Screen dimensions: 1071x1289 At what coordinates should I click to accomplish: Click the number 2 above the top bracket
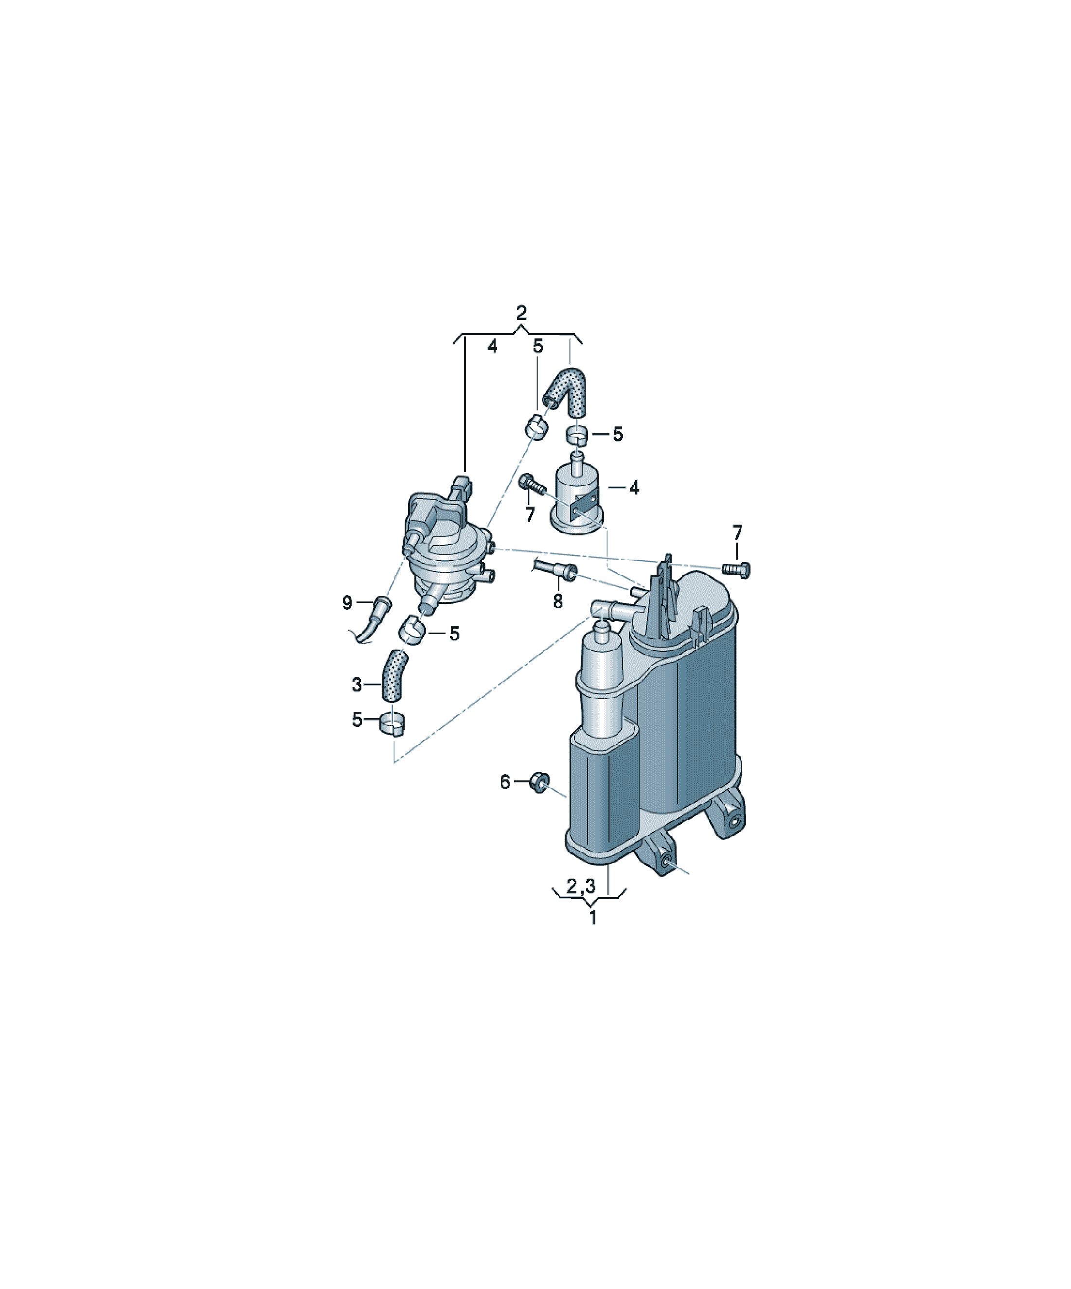pyautogui.click(x=521, y=313)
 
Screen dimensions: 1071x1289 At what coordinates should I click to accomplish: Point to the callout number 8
pyautogui.click(x=557, y=601)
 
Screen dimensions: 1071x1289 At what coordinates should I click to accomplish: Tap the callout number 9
pyautogui.click(x=347, y=603)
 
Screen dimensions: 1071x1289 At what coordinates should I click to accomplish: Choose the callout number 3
pyautogui.click(x=357, y=685)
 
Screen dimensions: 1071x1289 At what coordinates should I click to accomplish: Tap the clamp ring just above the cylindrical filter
pyautogui.click(x=577, y=434)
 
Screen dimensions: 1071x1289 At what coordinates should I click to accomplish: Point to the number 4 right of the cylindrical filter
pyautogui.click(x=634, y=488)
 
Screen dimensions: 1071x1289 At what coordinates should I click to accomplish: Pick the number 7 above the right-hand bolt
pyautogui.click(x=737, y=531)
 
